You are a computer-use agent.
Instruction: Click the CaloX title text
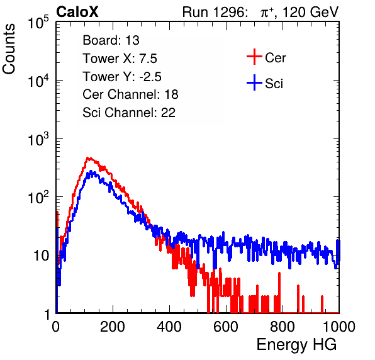tap(77, 12)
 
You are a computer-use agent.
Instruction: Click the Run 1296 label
tap(215, 12)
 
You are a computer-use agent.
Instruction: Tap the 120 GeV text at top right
tap(311, 12)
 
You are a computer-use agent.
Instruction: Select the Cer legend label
tap(275, 58)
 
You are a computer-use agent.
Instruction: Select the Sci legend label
tap(274, 84)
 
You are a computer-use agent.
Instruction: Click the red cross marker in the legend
tap(254, 57)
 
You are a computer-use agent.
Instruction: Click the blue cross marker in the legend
tap(254, 82)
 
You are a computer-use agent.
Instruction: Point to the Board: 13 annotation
tap(111, 40)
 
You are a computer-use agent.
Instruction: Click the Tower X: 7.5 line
tap(120, 59)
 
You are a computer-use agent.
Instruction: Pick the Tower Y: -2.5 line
tap(122, 77)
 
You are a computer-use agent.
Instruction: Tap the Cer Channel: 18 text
tap(130, 94)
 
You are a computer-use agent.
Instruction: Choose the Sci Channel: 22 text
tap(129, 113)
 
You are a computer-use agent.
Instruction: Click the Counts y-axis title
tap(9, 49)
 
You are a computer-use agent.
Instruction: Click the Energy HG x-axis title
tap(296, 345)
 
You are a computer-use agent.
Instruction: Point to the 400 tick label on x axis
tap(169, 327)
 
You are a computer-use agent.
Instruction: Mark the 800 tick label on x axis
tap(283, 327)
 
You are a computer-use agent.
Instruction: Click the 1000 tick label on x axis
tap(339, 327)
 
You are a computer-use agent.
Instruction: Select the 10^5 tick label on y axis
tap(38, 23)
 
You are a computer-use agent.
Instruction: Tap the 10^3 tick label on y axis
tap(38, 139)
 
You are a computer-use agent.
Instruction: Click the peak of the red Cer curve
tap(88, 158)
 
